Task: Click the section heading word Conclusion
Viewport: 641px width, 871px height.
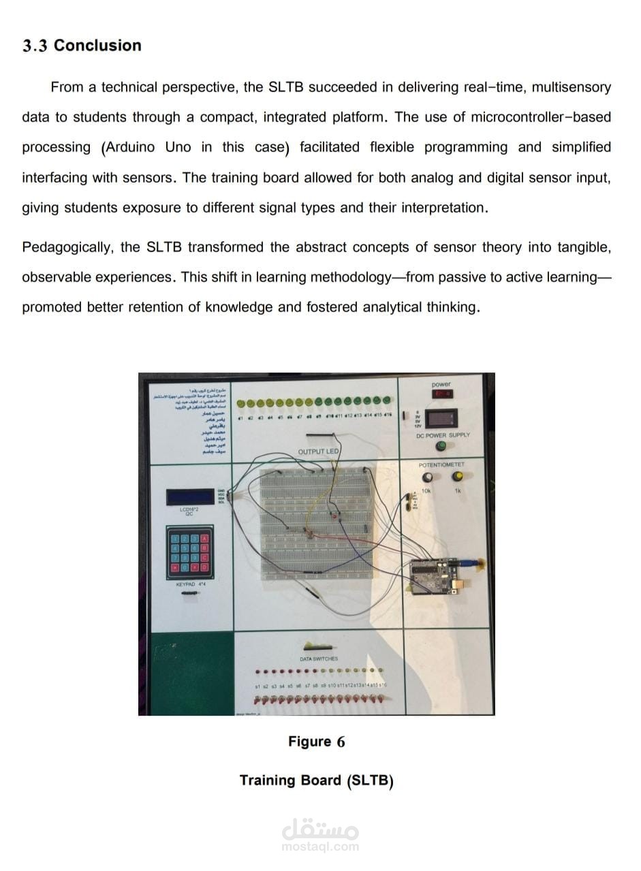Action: pyautogui.click(x=97, y=46)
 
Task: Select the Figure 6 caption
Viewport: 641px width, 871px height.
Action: pyautogui.click(x=316, y=742)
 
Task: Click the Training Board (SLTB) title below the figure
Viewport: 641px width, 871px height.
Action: pyautogui.click(x=316, y=780)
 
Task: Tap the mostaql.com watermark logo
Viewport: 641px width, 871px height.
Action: pyautogui.click(x=319, y=834)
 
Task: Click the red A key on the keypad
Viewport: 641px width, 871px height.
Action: pyautogui.click(x=204, y=539)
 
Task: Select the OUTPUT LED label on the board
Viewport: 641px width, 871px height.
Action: pyautogui.click(x=318, y=452)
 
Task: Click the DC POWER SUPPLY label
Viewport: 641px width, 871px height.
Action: pyautogui.click(x=442, y=434)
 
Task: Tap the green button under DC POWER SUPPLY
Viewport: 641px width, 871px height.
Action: pyautogui.click(x=441, y=446)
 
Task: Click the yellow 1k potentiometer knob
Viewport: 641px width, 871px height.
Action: pyautogui.click(x=458, y=476)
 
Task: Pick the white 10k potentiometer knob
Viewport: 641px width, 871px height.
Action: pyautogui.click(x=428, y=477)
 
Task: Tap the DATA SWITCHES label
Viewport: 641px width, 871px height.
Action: pyautogui.click(x=318, y=659)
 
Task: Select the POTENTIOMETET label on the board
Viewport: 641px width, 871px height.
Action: pyautogui.click(x=441, y=464)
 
